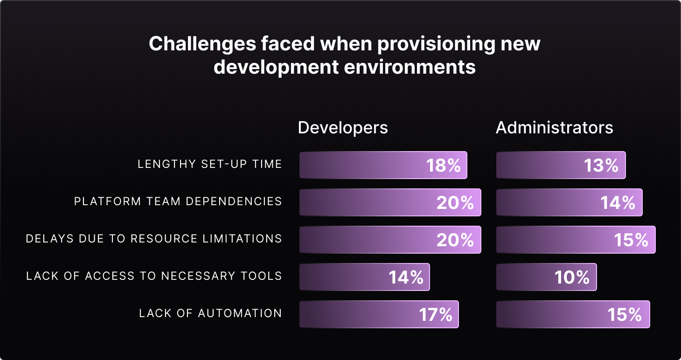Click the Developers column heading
343,128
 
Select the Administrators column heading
554,128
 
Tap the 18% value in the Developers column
444,166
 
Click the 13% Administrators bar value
601,166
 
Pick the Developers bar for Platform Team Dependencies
390,202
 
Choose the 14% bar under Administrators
569,202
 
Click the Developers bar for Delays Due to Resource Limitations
390,240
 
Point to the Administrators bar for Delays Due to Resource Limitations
576,240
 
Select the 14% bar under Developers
364,277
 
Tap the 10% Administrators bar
546,277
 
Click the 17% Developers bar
379,314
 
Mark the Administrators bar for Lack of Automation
573,314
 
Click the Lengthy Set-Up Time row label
210,164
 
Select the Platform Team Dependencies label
178,201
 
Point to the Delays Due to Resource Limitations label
154,239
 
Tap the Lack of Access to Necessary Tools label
154,276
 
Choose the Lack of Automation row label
210,313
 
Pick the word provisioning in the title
426,44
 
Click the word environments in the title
410,67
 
